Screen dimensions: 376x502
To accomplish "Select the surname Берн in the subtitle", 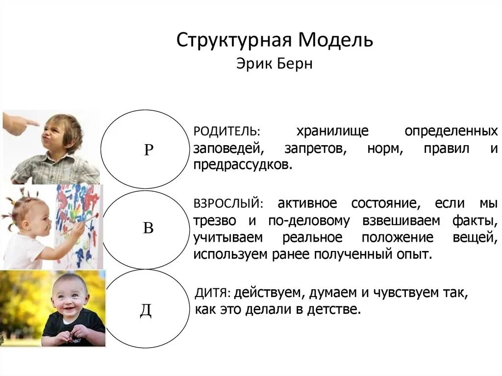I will [x=294, y=64].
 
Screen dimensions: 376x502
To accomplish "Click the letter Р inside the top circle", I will [x=149, y=150].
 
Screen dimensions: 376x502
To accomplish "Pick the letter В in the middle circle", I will [x=148, y=228].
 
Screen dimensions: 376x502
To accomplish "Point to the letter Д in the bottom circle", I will [x=146, y=310].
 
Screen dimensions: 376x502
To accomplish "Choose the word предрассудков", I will [x=242, y=165].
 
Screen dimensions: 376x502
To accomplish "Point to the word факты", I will [x=473, y=221].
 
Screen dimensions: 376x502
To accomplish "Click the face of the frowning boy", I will [x=57, y=134].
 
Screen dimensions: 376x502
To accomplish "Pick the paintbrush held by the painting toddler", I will [x=78, y=226].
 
